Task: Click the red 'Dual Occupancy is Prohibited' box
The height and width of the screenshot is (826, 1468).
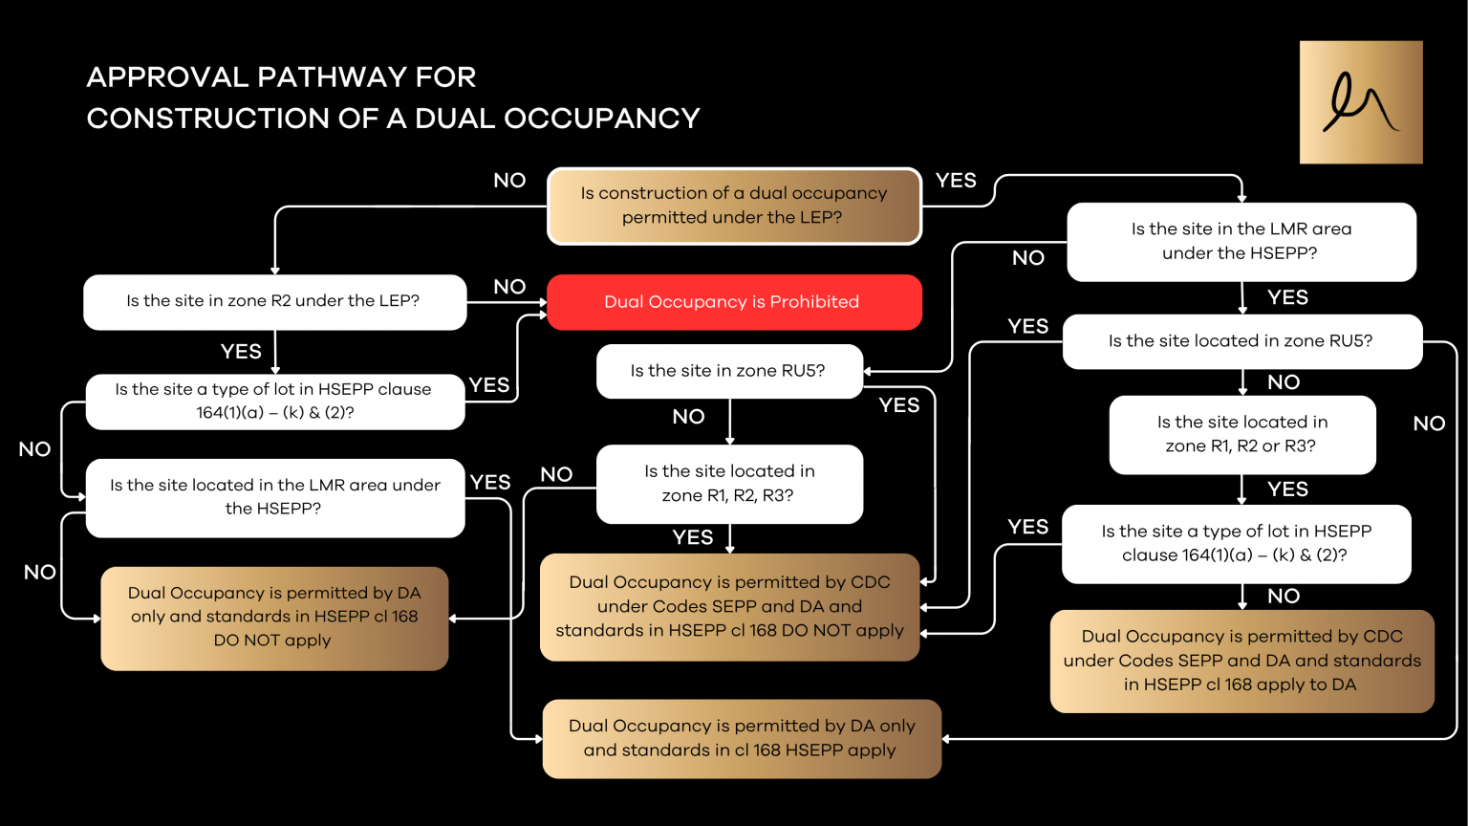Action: point(733,302)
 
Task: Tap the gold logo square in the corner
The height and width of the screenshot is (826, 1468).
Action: point(1360,102)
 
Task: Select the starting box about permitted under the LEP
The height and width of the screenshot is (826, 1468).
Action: point(733,206)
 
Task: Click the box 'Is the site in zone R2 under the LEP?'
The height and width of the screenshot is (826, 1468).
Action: point(274,302)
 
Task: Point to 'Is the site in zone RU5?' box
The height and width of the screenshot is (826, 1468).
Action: point(728,371)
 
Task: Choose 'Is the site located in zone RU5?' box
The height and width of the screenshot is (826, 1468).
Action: point(1241,341)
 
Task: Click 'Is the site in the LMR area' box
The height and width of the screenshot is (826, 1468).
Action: point(1241,242)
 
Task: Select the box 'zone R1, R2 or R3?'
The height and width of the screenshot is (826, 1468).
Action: point(1241,435)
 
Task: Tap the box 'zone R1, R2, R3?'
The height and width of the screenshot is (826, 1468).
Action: point(729,484)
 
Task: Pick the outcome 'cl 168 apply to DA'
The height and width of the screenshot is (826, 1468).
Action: point(1241,662)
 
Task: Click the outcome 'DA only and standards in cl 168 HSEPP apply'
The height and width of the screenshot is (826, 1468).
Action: point(741,739)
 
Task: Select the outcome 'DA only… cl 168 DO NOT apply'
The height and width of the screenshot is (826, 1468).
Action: point(274,618)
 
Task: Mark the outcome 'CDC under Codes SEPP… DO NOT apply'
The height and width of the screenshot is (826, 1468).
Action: point(729,607)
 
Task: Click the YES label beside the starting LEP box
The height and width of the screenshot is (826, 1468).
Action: point(956,181)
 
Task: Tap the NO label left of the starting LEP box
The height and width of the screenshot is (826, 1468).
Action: point(509,181)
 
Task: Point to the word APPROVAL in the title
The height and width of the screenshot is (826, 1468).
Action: point(167,77)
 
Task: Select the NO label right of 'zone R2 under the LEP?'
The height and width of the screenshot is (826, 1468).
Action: point(509,287)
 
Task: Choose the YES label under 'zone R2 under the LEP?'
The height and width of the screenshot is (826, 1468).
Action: point(241,352)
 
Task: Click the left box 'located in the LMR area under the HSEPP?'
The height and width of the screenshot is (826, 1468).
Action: point(275,497)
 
